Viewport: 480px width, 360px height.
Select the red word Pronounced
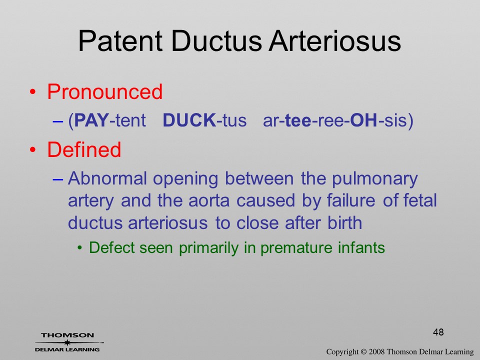pyautogui.click(x=104, y=91)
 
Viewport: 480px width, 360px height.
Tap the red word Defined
pyautogui.click(x=84, y=149)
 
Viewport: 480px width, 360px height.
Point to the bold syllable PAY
pyautogui.click(x=91, y=120)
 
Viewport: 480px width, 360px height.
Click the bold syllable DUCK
pyautogui.click(x=189, y=120)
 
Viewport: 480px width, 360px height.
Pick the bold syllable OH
pyautogui.click(x=363, y=120)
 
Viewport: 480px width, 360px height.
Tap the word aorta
pyautogui.click(x=209, y=201)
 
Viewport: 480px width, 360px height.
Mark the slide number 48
pyautogui.click(x=438, y=332)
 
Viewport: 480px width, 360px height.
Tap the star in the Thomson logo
pyautogui.click(x=67, y=342)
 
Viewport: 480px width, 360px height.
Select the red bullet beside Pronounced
pyautogui.click(x=33, y=92)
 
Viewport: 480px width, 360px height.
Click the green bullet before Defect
pyautogui.click(x=80, y=248)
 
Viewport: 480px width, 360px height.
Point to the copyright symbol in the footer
pyautogui.click(x=363, y=352)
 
